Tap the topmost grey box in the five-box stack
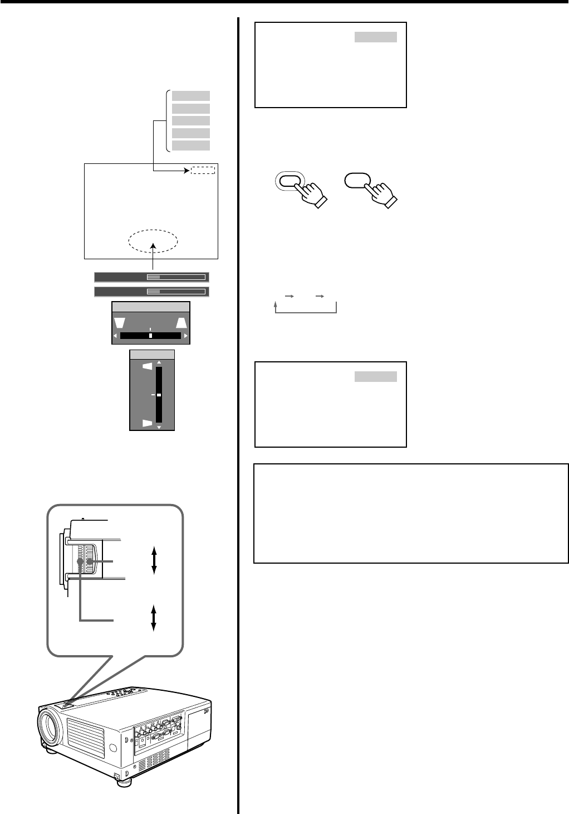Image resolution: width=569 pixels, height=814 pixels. click(x=191, y=96)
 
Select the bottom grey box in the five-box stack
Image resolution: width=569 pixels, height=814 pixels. click(x=191, y=146)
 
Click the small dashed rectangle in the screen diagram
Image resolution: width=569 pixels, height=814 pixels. click(x=203, y=170)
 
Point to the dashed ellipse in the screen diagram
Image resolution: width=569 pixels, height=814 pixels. click(x=153, y=241)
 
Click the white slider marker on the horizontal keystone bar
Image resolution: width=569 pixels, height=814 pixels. click(x=150, y=336)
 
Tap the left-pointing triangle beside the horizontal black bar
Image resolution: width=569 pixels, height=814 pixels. click(x=116, y=336)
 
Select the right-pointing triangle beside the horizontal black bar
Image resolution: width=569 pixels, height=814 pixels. click(x=185, y=336)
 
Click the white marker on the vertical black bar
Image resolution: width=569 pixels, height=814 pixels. click(x=159, y=395)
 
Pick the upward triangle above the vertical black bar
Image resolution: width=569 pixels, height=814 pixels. click(x=159, y=362)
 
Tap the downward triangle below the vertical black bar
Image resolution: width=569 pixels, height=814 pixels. click(x=159, y=427)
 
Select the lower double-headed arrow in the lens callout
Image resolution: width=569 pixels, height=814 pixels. click(x=154, y=617)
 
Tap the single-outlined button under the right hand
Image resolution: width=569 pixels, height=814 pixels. click(x=357, y=181)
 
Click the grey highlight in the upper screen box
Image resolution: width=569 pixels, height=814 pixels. click(x=376, y=37)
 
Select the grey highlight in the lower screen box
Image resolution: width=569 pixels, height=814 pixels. click(x=376, y=377)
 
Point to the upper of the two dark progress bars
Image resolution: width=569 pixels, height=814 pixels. click(x=151, y=277)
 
